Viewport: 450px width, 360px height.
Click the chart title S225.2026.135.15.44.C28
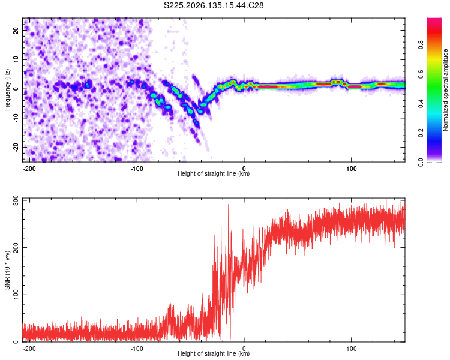214,5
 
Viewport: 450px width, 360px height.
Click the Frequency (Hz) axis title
7,90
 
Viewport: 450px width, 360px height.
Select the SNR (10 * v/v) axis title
7,270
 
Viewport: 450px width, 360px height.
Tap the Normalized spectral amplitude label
445,90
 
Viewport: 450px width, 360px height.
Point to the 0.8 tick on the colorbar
421,45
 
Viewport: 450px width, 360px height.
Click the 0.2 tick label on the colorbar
421,133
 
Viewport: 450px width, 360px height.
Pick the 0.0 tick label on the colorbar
421,162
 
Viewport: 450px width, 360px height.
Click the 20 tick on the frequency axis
16,31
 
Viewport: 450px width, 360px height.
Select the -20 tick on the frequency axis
16,147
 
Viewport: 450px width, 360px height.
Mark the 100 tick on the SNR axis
16,295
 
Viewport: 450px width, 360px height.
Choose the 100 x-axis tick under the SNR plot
351,349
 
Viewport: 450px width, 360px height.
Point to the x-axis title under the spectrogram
214,173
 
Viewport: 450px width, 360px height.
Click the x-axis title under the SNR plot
214,353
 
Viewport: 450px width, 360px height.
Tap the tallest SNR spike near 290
229,205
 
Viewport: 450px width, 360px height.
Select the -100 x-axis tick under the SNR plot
137,349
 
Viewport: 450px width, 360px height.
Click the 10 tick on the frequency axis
16,59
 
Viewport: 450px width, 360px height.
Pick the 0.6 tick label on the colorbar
421,74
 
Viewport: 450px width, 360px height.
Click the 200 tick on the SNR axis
16,247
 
